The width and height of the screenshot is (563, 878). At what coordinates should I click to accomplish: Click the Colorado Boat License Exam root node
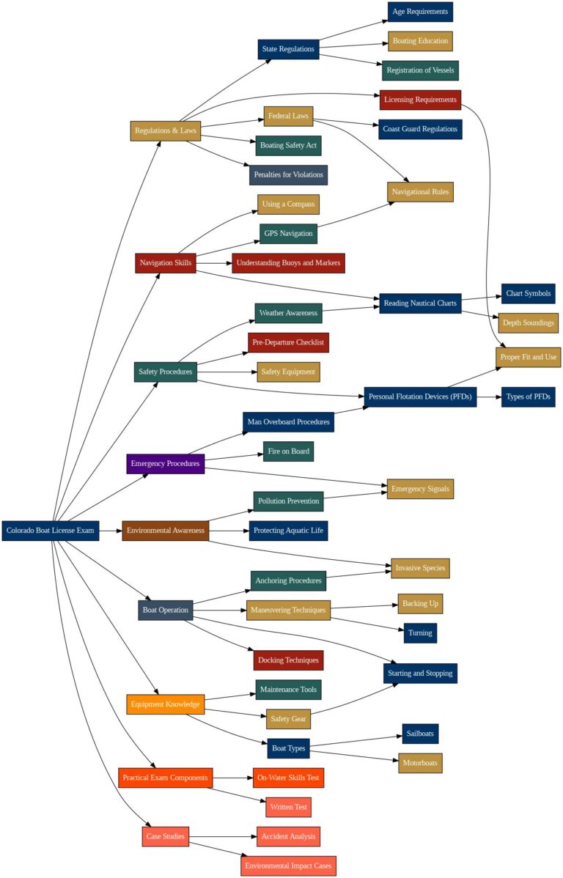pyautogui.click(x=51, y=530)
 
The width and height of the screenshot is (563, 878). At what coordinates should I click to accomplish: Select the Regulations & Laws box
pyautogui.click(x=166, y=130)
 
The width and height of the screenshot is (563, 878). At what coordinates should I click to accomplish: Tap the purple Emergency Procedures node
pyautogui.click(x=165, y=463)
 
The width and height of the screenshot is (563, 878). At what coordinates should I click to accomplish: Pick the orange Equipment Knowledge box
pyautogui.click(x=165, y=704)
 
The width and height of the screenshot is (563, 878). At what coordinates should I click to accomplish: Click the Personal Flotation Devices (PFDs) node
pyautogui.click(x=420, y=397)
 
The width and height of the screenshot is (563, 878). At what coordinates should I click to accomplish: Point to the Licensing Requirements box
pyautogui.click(x=420, y=99)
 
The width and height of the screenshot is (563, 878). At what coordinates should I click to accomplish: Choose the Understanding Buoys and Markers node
pyautogui.click(x=288, y=262)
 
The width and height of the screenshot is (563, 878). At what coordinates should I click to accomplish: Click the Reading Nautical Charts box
pyautogui.click(x=420, y=303)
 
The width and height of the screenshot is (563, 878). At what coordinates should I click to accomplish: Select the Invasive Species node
pyautogui.click(x=420, y=568)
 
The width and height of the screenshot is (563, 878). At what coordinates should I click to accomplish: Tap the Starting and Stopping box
pyautogui.click(x=420, y=673)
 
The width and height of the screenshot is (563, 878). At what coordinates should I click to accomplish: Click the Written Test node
pyautogui.click(x=288, y=807)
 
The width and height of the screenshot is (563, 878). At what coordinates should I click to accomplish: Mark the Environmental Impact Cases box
pyautogui.click(x=288, y=866)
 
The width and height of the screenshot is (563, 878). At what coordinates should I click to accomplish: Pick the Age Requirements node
pyautogui.click(x=420, y=12)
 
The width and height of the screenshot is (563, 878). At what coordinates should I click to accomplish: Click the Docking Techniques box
pyautogui.click(x=288, y=660)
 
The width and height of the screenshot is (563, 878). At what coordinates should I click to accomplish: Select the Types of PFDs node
pyautogui.click(x=528, y=397)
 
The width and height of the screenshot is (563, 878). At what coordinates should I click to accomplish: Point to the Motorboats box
pyautogui.click(x=420, y=762)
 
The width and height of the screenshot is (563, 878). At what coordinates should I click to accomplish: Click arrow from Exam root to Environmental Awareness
pyautogui.click(x=110, y=530)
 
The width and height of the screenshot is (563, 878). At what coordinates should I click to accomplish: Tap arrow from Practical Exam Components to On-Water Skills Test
pyautogui.click(x=233, y=777)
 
